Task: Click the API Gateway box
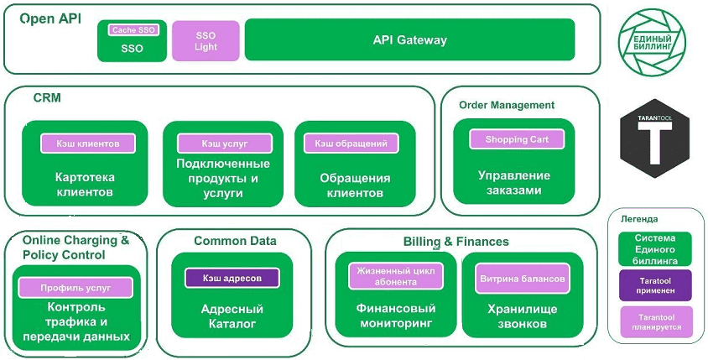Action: tap(409, 40)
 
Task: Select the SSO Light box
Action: tap(206, 41)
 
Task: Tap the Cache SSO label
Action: tap(133, 30)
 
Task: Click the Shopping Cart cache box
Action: tap(516, 139)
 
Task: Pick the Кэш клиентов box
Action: tap(88, 143)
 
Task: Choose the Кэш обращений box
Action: tap(351, 143)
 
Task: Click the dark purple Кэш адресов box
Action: tap(231, 278)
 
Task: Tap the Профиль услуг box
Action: tap(75, 288)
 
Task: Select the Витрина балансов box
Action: tap(521, 278)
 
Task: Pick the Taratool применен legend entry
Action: tap(655, 285)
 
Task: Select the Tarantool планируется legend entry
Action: tap(655, 322)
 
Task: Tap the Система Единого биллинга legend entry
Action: tap(655, 249)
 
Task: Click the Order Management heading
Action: tap(507, 105)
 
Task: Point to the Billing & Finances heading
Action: tap(456, 242)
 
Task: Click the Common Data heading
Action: tap(235, 241)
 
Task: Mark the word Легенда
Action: tap(639, 218)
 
